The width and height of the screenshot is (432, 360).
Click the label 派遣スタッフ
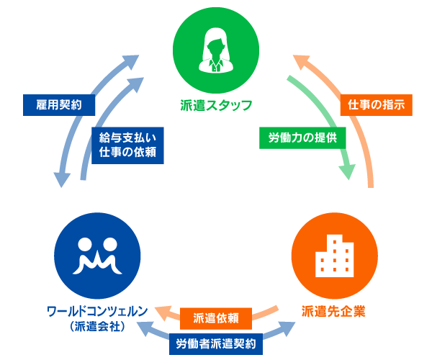[216, 106]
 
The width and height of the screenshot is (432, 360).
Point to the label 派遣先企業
[333, 312]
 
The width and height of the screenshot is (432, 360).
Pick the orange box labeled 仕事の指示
[377, 104]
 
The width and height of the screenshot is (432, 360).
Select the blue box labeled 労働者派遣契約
[216, 343]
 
